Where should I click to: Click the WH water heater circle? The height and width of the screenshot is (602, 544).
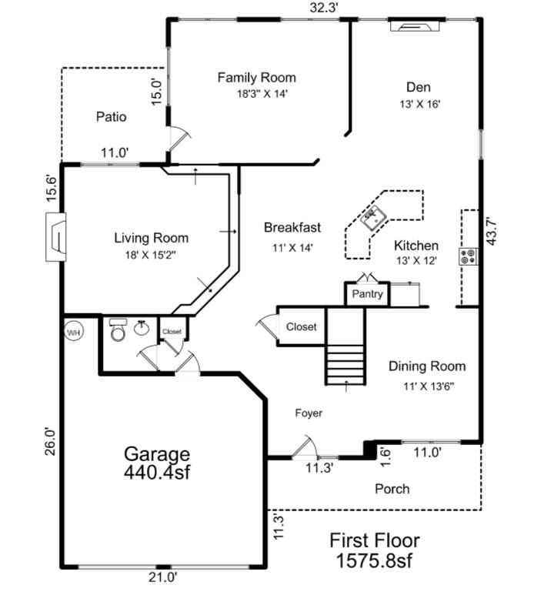tap(74, 333)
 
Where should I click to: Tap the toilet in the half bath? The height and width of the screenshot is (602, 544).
tap(118, 331)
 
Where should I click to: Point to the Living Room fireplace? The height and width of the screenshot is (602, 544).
tap(56, 239)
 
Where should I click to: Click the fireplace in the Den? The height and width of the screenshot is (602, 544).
tap(416, 27)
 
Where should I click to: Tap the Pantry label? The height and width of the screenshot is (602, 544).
tap(367, 294)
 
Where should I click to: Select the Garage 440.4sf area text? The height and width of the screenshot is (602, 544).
tap(158, 463)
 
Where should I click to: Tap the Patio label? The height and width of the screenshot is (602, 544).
tap(112, 117)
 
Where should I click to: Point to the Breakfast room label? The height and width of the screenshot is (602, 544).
tap(292, 227)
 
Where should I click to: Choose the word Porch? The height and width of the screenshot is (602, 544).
tap(392, 489)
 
